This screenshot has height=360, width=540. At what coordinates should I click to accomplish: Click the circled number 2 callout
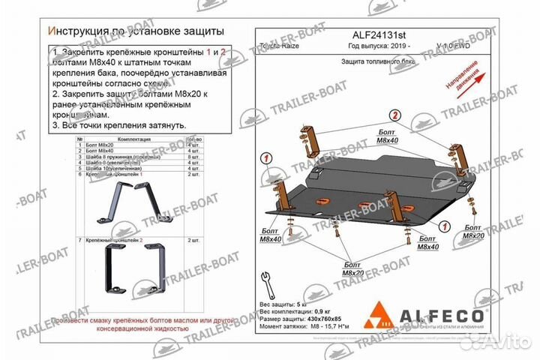pyautogui.click(x=393, y=115)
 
